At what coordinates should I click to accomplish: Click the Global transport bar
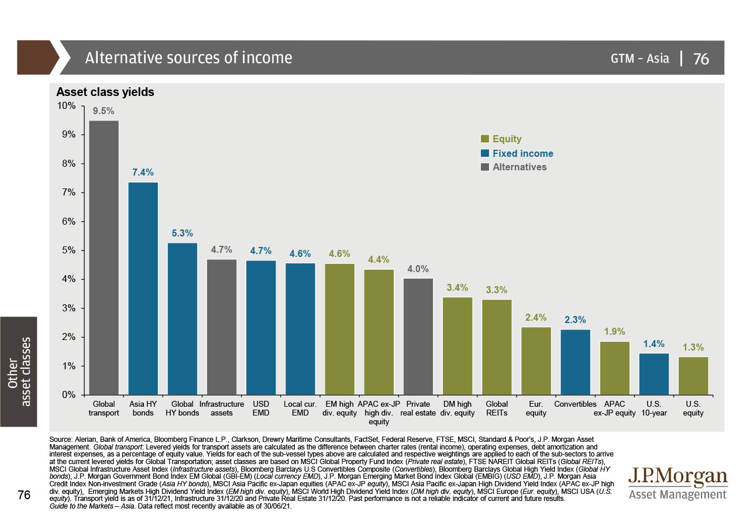click(x=104, y=257)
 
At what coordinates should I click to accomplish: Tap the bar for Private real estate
click(x=418, y=337)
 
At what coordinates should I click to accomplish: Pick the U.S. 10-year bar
click(x=653, y=374)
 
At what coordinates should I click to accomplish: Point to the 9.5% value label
click(x=104, y=111)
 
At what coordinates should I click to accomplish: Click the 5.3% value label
click(x=182, y=233)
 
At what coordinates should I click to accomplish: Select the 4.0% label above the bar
click(x=418, y=269)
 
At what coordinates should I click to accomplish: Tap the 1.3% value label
click(x=693, y=347)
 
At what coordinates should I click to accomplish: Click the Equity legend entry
click(x=506, y=139)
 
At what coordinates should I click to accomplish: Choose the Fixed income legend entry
click(x=522, y=153)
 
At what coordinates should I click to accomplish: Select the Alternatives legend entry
click(x=519, y=167)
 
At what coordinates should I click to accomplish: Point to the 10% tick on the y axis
click(x=66, y=105)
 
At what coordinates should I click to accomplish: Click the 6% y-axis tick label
click(x=68, y=221)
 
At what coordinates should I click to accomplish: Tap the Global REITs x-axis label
click(x=497, y=408)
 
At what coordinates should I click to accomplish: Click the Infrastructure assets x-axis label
click(x=221, y=408)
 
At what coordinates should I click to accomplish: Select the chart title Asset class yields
click(x=105, y=92)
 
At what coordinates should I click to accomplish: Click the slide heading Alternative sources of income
click(x=188, y=58)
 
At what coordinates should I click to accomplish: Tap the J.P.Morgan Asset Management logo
click(x=677, y=483)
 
